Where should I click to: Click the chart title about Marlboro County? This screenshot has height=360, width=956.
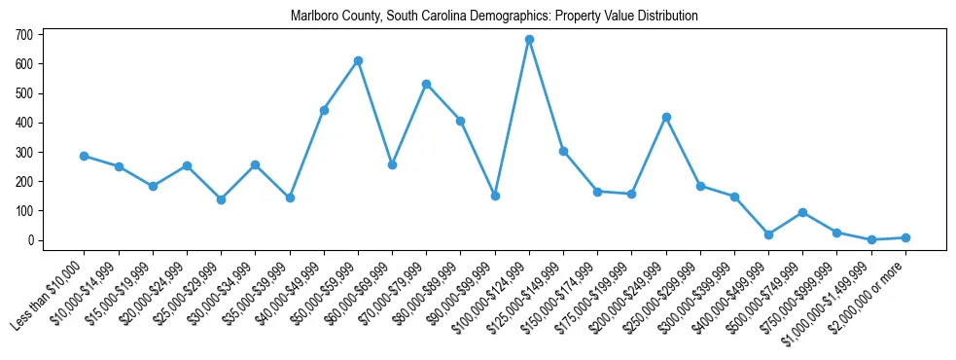pyautogui.click(x=494, y=17)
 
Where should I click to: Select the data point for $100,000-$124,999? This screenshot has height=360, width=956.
pyautogui.click(x=529, y=40)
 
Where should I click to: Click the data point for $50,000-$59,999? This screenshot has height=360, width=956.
pyautogui.click(x=358, y=60)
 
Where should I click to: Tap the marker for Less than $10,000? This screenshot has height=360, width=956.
pyautogui.click(x=85, y=156)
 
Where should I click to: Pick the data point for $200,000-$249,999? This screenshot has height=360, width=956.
pyautogui.click(x=666, y=117)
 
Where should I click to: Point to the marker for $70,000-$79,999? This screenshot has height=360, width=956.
pyautogui.click(x=426, y=84)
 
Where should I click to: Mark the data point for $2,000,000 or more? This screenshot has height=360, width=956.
pyautogui.click(x=905, y=237)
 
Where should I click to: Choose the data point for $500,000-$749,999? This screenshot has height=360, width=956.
pyautogui.click(x=802, y=212)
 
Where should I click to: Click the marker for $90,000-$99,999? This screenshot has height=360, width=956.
pyautogui.click(x=495, y=196)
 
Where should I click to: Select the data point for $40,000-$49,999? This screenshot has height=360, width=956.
pyautogui.click(x=324, y=110)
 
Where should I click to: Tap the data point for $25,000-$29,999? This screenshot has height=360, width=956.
pyautogui.click(x=221, y=199)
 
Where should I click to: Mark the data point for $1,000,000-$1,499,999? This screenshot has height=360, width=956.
pyautogui.click(x=871, y=239)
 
